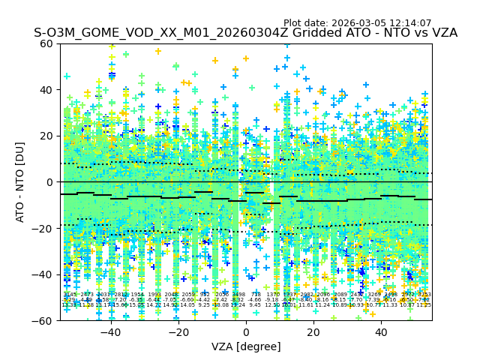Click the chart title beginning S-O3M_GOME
245,34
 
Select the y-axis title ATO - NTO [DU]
21,182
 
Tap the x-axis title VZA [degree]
246,346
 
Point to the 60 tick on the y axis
46,43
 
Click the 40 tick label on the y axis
46,90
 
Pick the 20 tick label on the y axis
46,136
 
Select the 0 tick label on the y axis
49,182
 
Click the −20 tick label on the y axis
43,229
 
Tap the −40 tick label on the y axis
43,274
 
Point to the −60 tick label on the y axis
43,321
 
